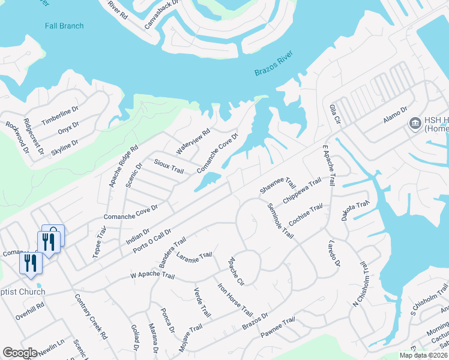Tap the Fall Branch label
point(64,26)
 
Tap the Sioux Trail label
point(169,167)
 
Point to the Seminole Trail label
point(281,220)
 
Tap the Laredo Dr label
point(334,254)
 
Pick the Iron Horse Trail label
point(235,300)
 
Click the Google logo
point(20,353)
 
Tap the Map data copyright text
point(423,355)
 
